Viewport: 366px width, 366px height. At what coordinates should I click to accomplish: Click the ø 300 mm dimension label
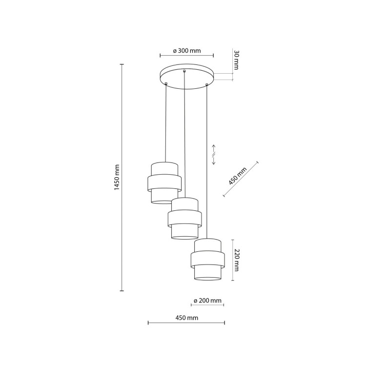click(x=187, y=51)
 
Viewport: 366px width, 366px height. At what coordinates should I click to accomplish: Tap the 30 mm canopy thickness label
click(x=236, y=60)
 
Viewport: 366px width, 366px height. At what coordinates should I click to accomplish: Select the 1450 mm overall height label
click(x=117, y=177)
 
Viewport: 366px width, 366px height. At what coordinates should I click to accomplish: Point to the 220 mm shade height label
click(x=237, y=260)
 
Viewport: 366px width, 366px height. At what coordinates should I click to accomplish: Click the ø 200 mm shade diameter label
click(x=207, y=301)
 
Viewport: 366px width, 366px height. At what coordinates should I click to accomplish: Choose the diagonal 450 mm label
click(x=237, y=176)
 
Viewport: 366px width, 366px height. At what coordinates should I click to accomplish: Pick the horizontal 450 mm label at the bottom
click(x=187, y=318)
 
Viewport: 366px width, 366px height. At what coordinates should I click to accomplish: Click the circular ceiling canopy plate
click(x=187, y=76)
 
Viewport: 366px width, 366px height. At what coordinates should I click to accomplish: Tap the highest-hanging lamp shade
click(x=164, y=183)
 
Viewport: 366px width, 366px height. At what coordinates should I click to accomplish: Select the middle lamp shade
click(x=184, y=219)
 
